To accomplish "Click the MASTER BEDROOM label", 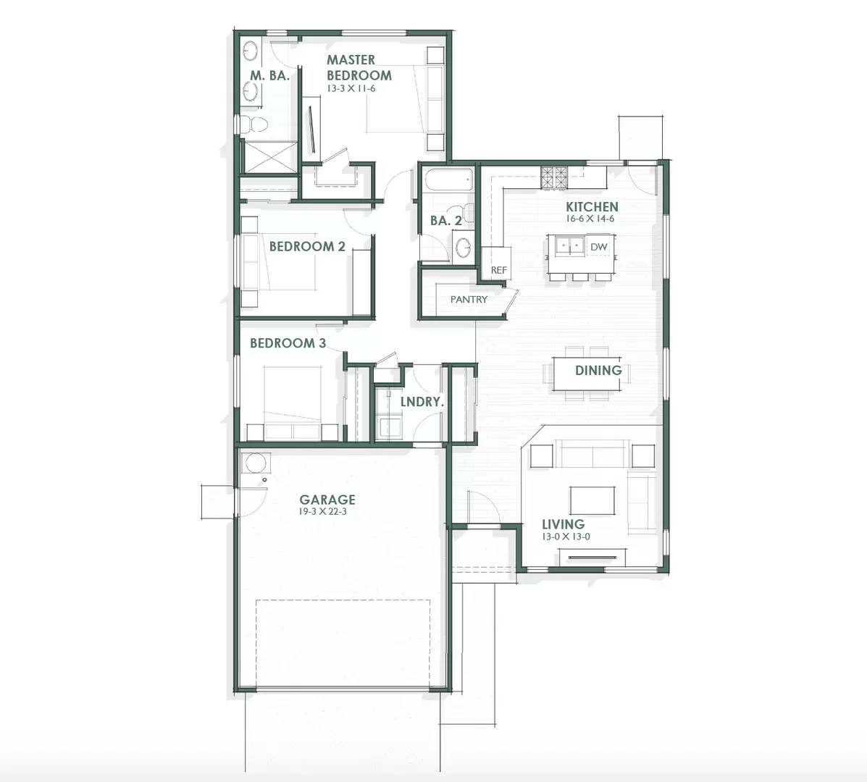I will click(359, 67).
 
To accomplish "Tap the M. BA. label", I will click(269, 75).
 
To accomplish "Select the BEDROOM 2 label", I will click(307, 246).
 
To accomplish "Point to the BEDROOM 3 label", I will click(288, 343).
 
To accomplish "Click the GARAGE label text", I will click(327, 500).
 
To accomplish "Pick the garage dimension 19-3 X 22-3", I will click(327, 512).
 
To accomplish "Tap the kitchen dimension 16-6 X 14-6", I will click(591, 219).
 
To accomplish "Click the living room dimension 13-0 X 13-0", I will click(566, 537).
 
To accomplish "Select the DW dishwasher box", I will click(598, 247).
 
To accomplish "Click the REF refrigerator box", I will click(498, 270).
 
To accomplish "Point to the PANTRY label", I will click(469, 299).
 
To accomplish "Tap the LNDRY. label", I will click(422, 401).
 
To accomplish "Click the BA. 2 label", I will click(445, 221).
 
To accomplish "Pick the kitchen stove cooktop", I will click(554, 177).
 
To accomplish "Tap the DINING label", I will click(598, 371).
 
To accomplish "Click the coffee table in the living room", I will click(592, 500).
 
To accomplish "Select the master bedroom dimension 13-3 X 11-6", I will click(351, 89).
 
